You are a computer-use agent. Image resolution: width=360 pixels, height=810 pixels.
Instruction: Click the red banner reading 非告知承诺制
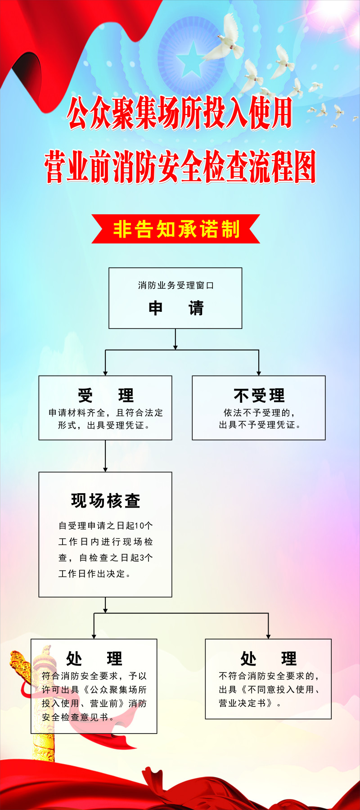[x=175, y=229]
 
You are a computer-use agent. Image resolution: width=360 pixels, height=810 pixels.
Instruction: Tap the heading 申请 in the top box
[x=175, y=308]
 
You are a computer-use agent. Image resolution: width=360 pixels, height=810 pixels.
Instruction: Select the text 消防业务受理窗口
[x=175, y=285]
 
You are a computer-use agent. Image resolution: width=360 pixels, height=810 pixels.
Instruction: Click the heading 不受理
[x=259, y=396]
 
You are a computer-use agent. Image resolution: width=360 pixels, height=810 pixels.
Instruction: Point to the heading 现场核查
[x=105, y=500]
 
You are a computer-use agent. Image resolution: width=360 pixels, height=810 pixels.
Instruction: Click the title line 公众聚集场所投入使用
[x=180, y=113]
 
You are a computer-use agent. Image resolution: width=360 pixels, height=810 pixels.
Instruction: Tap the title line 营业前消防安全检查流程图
[x=180, y=167]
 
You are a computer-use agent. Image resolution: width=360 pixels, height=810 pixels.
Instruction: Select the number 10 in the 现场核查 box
[x=139, y=526]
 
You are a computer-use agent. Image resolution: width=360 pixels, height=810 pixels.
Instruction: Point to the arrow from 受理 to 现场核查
[x=105, y=456]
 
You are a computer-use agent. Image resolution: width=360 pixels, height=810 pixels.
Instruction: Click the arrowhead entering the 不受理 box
[x=259, y=373]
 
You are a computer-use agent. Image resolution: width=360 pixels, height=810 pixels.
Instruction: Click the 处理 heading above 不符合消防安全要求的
[x=268, y=658]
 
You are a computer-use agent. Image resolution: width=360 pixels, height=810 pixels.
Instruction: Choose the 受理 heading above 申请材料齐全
[x=105, y=396]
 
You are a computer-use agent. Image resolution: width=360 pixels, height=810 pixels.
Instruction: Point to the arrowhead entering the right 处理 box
[x=268, y=636]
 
